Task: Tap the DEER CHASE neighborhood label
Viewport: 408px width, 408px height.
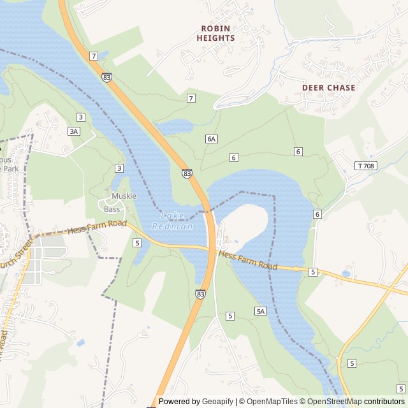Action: (329, 87)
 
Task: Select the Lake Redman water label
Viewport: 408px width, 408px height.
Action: (172, 221)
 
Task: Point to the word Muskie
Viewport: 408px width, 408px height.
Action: (124, 196)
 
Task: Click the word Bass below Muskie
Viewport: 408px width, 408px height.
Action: (112, 209)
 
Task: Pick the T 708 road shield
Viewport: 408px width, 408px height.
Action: (365, 166)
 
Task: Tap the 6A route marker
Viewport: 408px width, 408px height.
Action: (212, 138)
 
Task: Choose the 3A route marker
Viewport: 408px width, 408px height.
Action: (75, 131)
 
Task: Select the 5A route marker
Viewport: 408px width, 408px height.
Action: (260, 311)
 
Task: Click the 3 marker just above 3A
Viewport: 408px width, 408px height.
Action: (80, 117)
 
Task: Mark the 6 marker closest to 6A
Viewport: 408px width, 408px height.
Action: (234, 157)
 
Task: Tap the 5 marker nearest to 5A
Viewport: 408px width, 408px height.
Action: (229, 316)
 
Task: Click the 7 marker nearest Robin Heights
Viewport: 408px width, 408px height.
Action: (191, 98)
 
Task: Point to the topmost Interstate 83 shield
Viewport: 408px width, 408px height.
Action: (106, 76)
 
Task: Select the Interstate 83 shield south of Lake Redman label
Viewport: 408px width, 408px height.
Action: (200, 294)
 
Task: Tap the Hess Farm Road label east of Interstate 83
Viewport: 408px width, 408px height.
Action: (248, 260)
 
